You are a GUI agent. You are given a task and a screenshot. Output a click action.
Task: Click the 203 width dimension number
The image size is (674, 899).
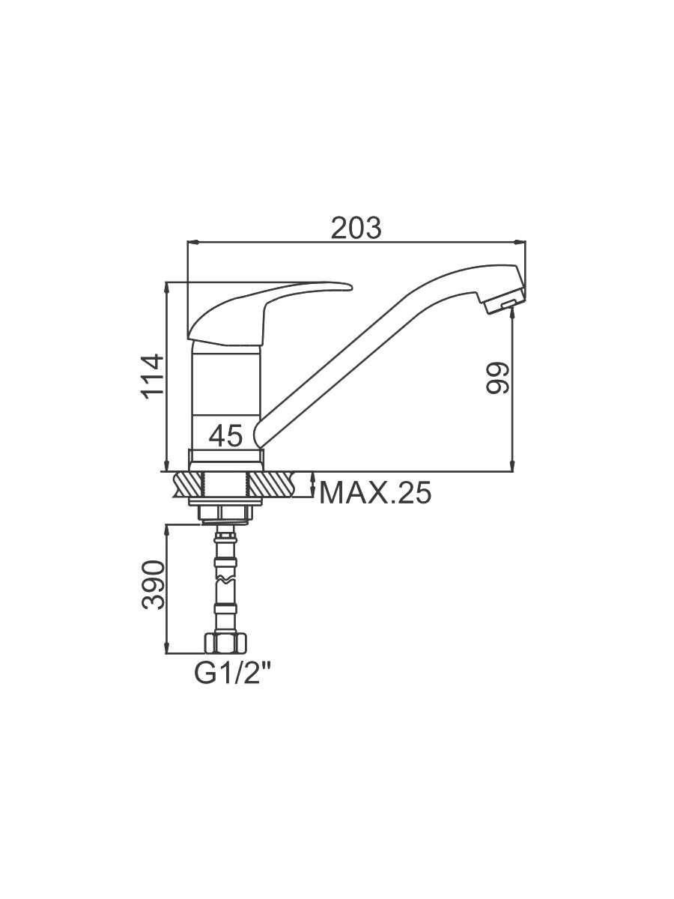pos(356,228)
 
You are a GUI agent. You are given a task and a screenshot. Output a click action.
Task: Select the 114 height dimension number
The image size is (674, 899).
pos(152,378)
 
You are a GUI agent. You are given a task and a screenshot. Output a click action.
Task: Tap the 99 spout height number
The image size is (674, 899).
pos(497,378)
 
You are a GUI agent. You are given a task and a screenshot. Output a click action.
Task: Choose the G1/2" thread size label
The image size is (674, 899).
pos(233,674)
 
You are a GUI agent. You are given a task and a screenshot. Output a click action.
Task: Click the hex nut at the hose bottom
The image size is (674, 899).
pos(225,644)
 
